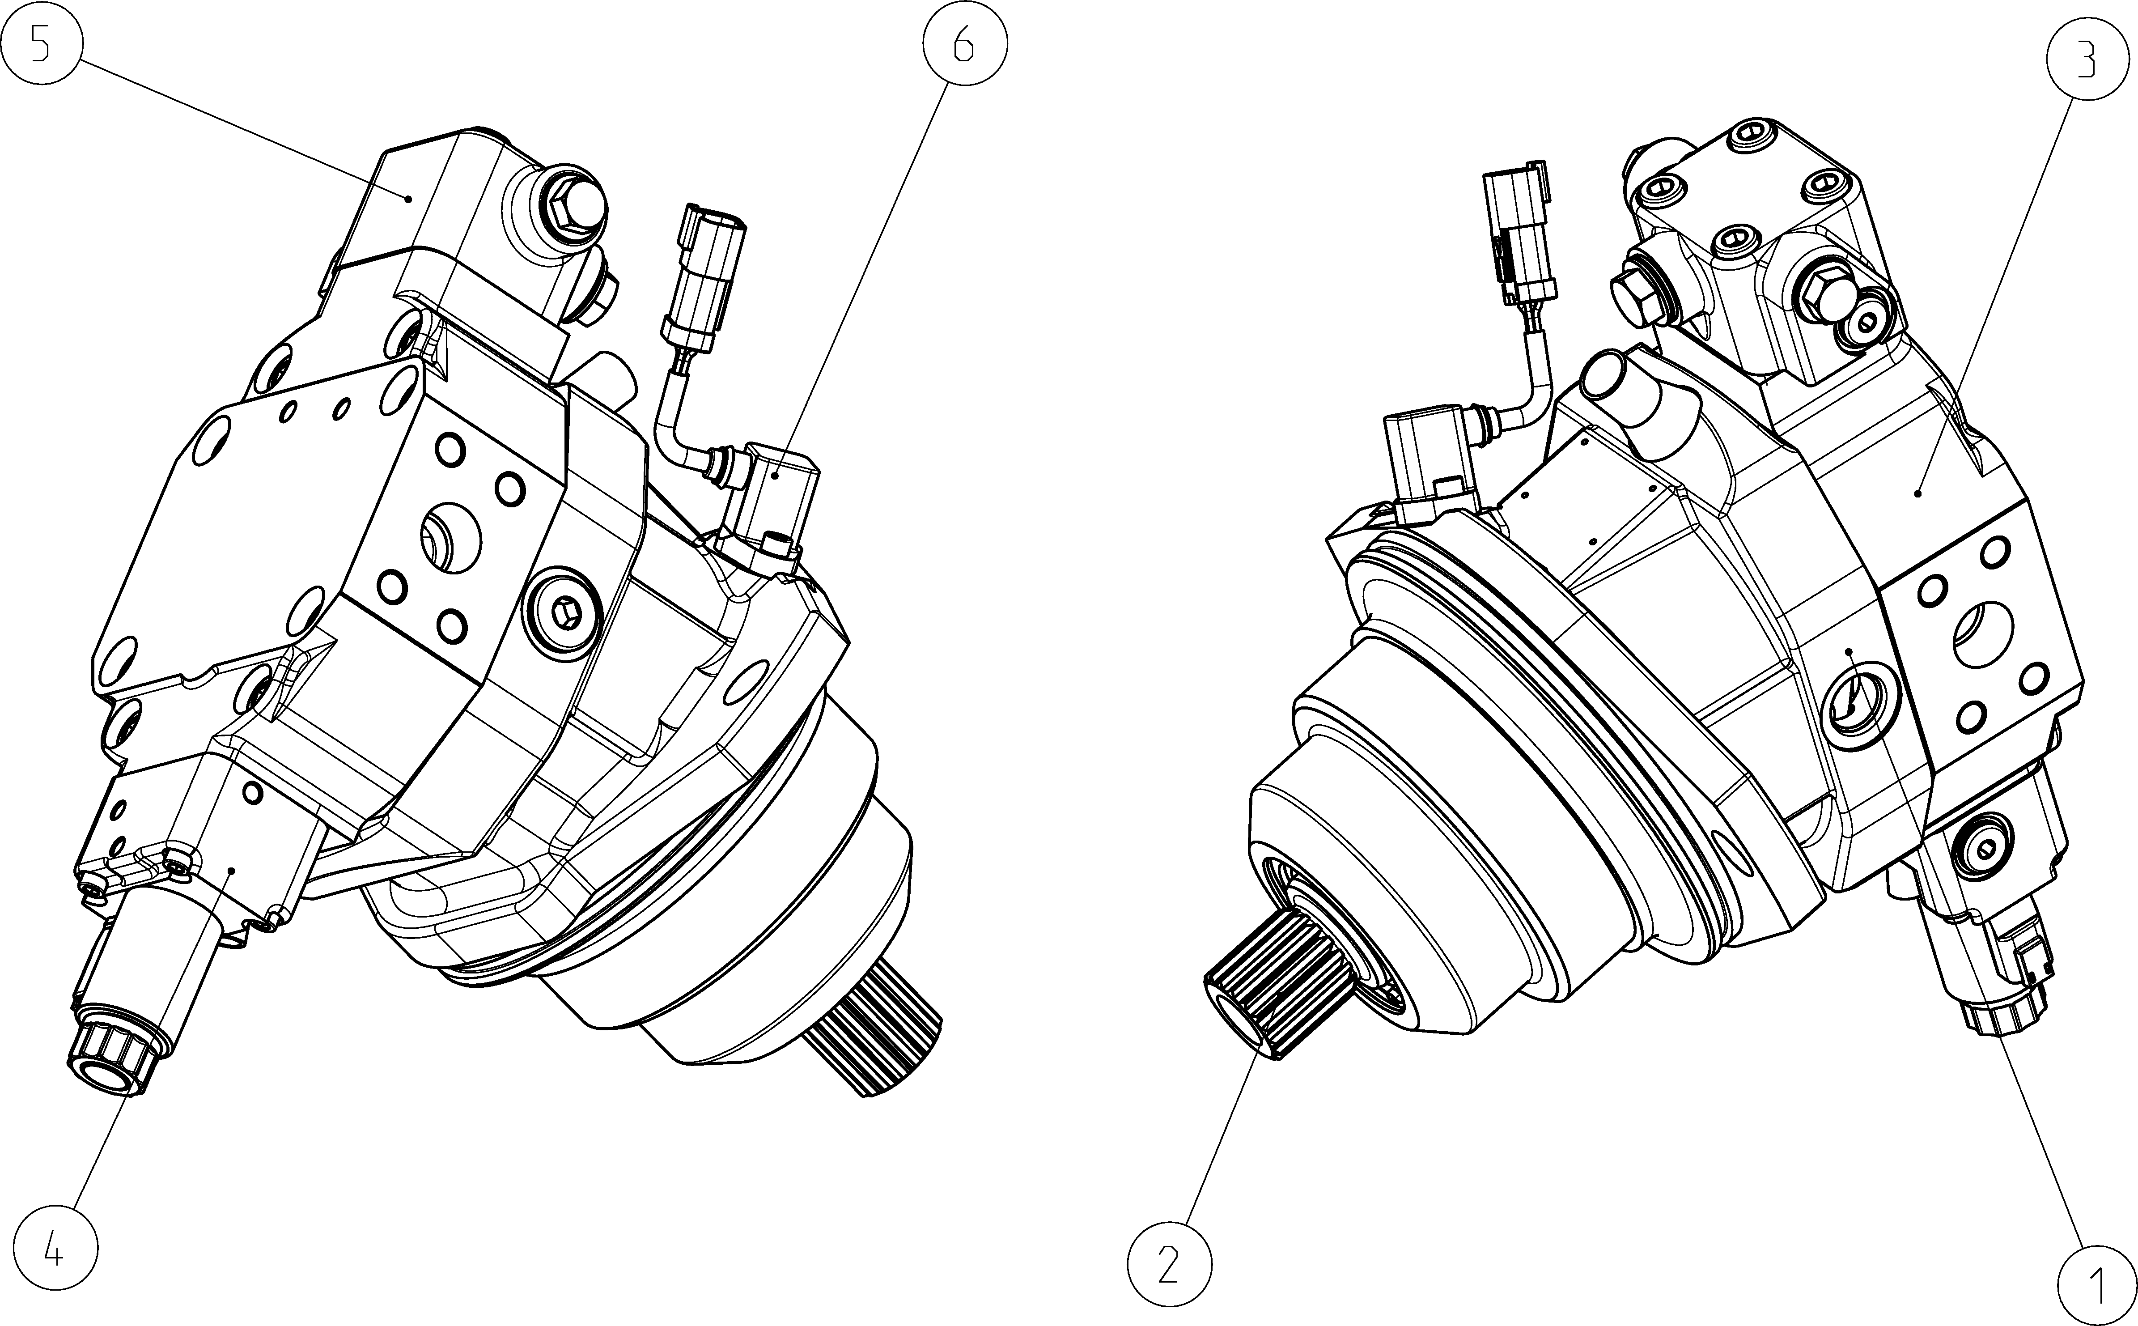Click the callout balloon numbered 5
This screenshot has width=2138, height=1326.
pyautogui.click(x=40, y=43)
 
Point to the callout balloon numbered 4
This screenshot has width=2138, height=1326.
pyautogui.click(x=55, y=1248)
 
